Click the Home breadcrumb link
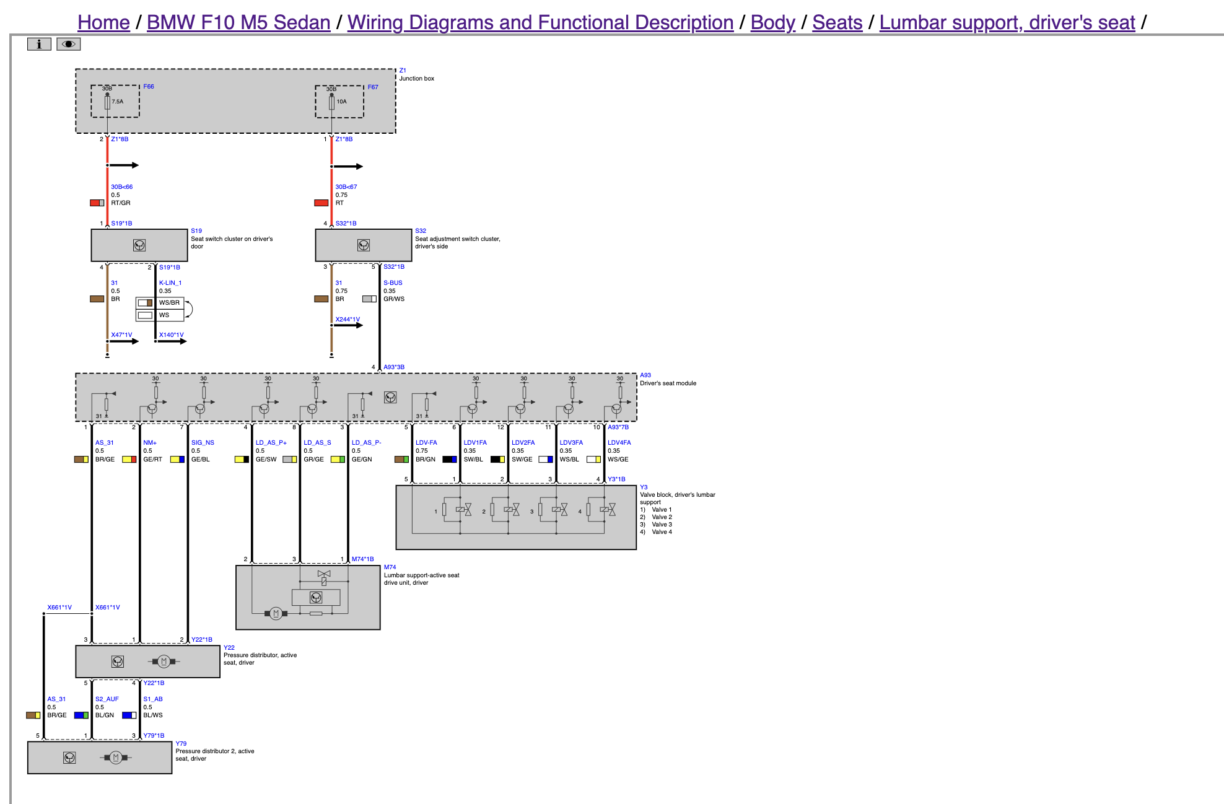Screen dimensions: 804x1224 pos(103,22)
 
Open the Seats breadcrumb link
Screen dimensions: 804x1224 pos(837,22)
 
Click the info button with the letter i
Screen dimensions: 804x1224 pos(39,44)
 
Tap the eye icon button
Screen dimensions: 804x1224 pos(68,44)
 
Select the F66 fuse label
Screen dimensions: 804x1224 pos(149,87)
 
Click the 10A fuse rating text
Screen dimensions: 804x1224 pos(341,102)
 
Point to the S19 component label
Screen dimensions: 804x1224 pos(196,231)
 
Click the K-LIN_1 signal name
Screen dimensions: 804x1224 pos(170,283)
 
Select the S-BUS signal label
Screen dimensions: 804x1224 pos(393,283)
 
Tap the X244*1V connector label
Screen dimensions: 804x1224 pos(348,320)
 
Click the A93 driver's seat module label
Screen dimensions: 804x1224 pos(645,375)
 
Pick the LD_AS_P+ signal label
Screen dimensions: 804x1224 pos(271,443)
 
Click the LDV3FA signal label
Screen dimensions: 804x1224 pos(571,443)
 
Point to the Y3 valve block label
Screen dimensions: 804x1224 pos(644,487)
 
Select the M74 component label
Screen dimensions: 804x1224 pos(390,567)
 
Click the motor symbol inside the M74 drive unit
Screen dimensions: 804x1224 pos(276,613)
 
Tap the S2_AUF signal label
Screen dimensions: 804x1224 pos(107,699)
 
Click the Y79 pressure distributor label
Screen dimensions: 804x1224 pos(181,744)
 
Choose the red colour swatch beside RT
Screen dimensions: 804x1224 pos(321,203)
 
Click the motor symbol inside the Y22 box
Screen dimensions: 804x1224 pos(164,662)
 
